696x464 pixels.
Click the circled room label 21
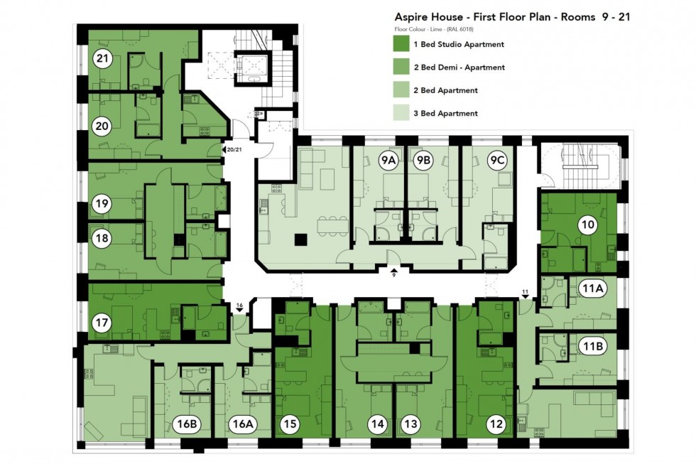click(x=102, y=59)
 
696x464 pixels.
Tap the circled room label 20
click(x=102, y=127)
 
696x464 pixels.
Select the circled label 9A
click(x=388, y=161)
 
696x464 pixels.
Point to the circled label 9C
click(x=496, y=161)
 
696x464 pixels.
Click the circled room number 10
click(x=587, y=225)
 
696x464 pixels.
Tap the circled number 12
click(x=496, y=425)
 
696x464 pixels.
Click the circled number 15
click(x=289, y=425)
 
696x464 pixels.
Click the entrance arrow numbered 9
click(x=393, y=271)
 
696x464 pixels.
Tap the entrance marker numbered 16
click(x=240, y=306)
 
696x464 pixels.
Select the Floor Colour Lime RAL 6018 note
click(x=434, y=29)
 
